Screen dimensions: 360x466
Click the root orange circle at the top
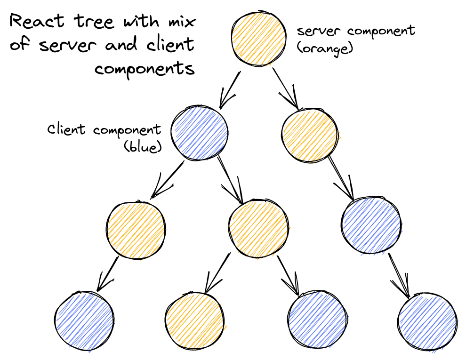[x=258, y=40]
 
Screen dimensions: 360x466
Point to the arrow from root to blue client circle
[x=230, y=89]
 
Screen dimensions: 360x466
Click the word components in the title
[x=145, y=69]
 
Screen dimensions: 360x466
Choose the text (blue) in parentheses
[x=142, y=147]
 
